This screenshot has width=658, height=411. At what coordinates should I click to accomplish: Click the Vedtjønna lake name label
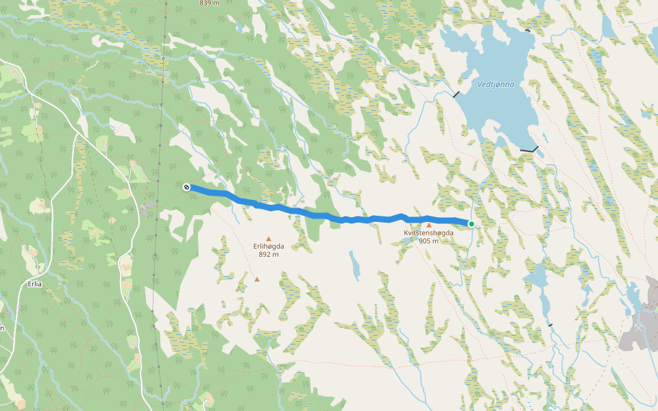496,84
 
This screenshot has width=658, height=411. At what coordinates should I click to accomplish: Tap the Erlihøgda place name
269,246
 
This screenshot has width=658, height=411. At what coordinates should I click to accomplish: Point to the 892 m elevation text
269,254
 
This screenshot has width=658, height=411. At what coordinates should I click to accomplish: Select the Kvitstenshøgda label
428,233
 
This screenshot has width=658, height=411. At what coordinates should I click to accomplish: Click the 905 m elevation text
428,241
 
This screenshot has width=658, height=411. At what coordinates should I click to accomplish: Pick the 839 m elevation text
208,3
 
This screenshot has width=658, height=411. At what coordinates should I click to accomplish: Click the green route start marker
472,224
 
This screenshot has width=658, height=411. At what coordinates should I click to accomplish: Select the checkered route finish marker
186,186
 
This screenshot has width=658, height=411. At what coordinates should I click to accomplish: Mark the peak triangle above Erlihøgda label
269,238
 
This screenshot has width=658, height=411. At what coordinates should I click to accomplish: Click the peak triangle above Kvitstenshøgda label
429,225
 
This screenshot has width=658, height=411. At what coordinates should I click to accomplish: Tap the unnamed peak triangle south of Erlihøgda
257,279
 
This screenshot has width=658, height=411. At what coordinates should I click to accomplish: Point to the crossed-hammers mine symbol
639,328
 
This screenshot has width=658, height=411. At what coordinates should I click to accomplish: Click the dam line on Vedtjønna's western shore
456,94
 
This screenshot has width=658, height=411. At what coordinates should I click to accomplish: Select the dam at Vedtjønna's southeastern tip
529,149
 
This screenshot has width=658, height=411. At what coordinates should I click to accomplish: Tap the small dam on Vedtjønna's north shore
527,30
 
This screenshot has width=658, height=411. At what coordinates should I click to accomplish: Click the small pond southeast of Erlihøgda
354,265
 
